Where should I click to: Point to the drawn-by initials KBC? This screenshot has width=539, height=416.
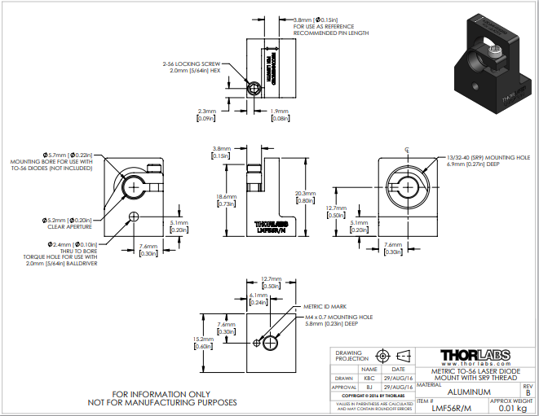click(x=369, y=379)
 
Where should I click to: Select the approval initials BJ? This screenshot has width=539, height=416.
click(x=369, y=388)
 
